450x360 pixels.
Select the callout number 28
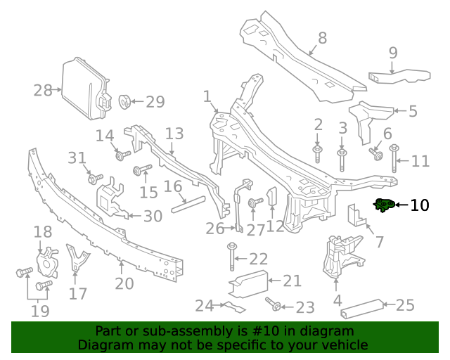[43, 90]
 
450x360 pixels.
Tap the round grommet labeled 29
[126, 101]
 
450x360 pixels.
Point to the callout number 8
[322, 38]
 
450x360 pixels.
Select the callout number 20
[124, 283]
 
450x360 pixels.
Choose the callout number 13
[174, 134]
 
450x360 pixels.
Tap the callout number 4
[337, 300]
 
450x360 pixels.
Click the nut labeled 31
[93, 179]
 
